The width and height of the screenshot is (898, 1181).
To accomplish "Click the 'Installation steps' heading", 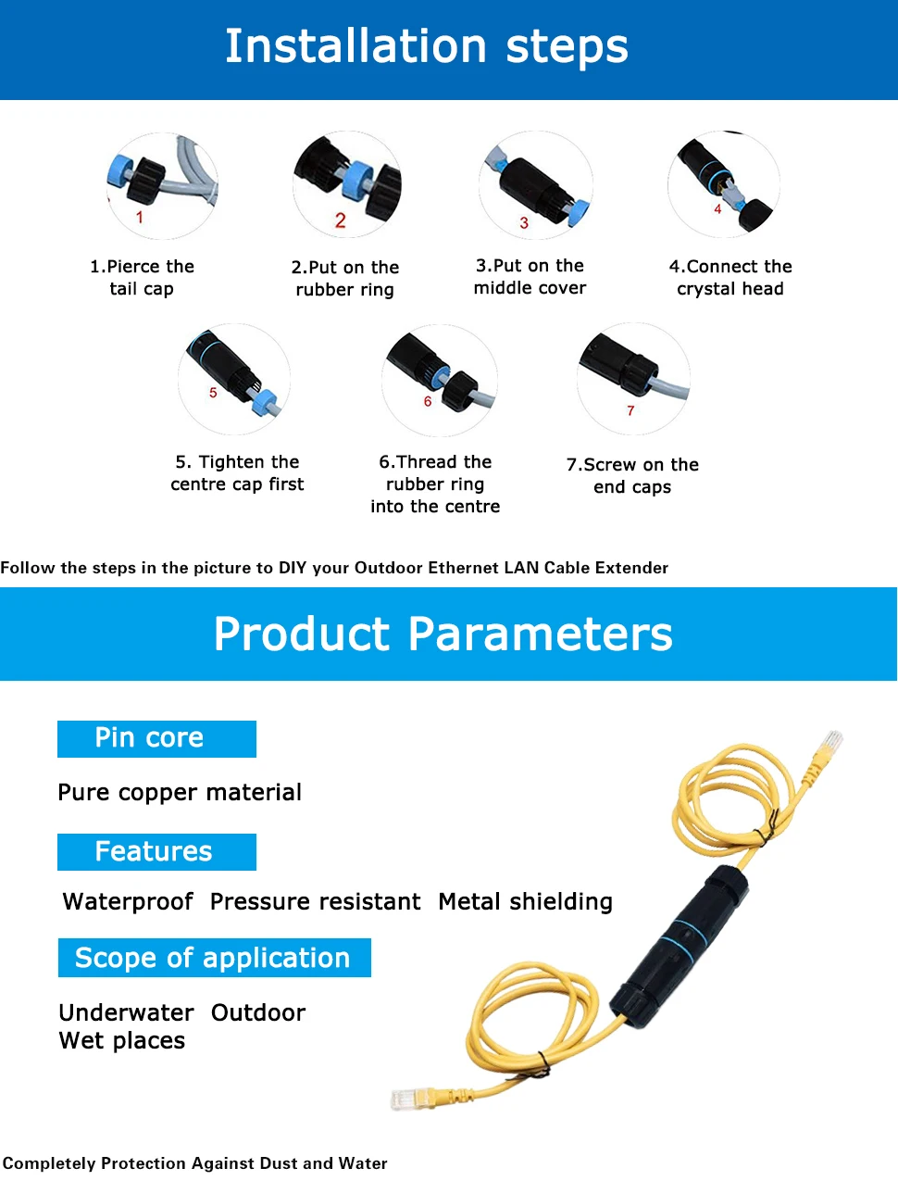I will (427, 47).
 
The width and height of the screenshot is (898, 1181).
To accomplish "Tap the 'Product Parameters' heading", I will (443, 634).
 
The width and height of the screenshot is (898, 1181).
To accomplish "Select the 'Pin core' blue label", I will (156, 738).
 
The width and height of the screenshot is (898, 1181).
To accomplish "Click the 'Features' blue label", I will (156, 852).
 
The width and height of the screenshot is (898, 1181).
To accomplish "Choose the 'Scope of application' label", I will (214, 958).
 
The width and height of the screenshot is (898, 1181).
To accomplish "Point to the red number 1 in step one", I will (140, 218).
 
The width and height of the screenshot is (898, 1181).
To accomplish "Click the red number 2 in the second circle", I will (341, 220).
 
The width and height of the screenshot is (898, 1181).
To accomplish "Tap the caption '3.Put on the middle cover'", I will (530, 277).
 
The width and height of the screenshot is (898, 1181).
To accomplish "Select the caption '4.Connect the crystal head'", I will (730, 278).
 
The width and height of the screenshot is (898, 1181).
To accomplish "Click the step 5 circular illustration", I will (234, 379).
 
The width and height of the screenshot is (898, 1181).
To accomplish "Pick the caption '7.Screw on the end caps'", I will (632, 476).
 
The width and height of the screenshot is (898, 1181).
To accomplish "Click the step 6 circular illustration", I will (440, 380).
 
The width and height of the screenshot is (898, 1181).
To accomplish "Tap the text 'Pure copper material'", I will (180, 793).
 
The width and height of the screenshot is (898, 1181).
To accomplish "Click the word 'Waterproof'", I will (128, 902).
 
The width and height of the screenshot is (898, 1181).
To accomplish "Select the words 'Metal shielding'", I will (525, 902).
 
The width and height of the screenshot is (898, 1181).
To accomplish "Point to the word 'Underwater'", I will (126, 1013).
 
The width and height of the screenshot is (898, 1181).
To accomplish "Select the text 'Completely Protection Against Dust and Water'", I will (195, 1163).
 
